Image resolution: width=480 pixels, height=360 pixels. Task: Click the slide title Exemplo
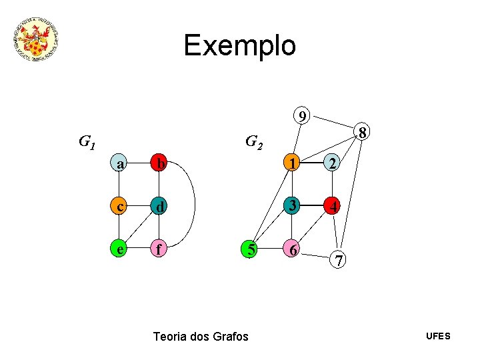pos(239,45)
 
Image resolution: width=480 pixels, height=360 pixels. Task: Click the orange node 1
pos(291,162)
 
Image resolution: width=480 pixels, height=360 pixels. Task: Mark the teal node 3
pos(291,206)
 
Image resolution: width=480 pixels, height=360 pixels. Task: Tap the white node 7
pos(339,261)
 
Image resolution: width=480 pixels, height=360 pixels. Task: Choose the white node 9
pos(303,117)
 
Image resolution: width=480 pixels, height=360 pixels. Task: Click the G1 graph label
pos(87,142)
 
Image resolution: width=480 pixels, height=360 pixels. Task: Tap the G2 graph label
pos(254,142)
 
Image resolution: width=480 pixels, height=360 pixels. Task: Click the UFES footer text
pos(438,336)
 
